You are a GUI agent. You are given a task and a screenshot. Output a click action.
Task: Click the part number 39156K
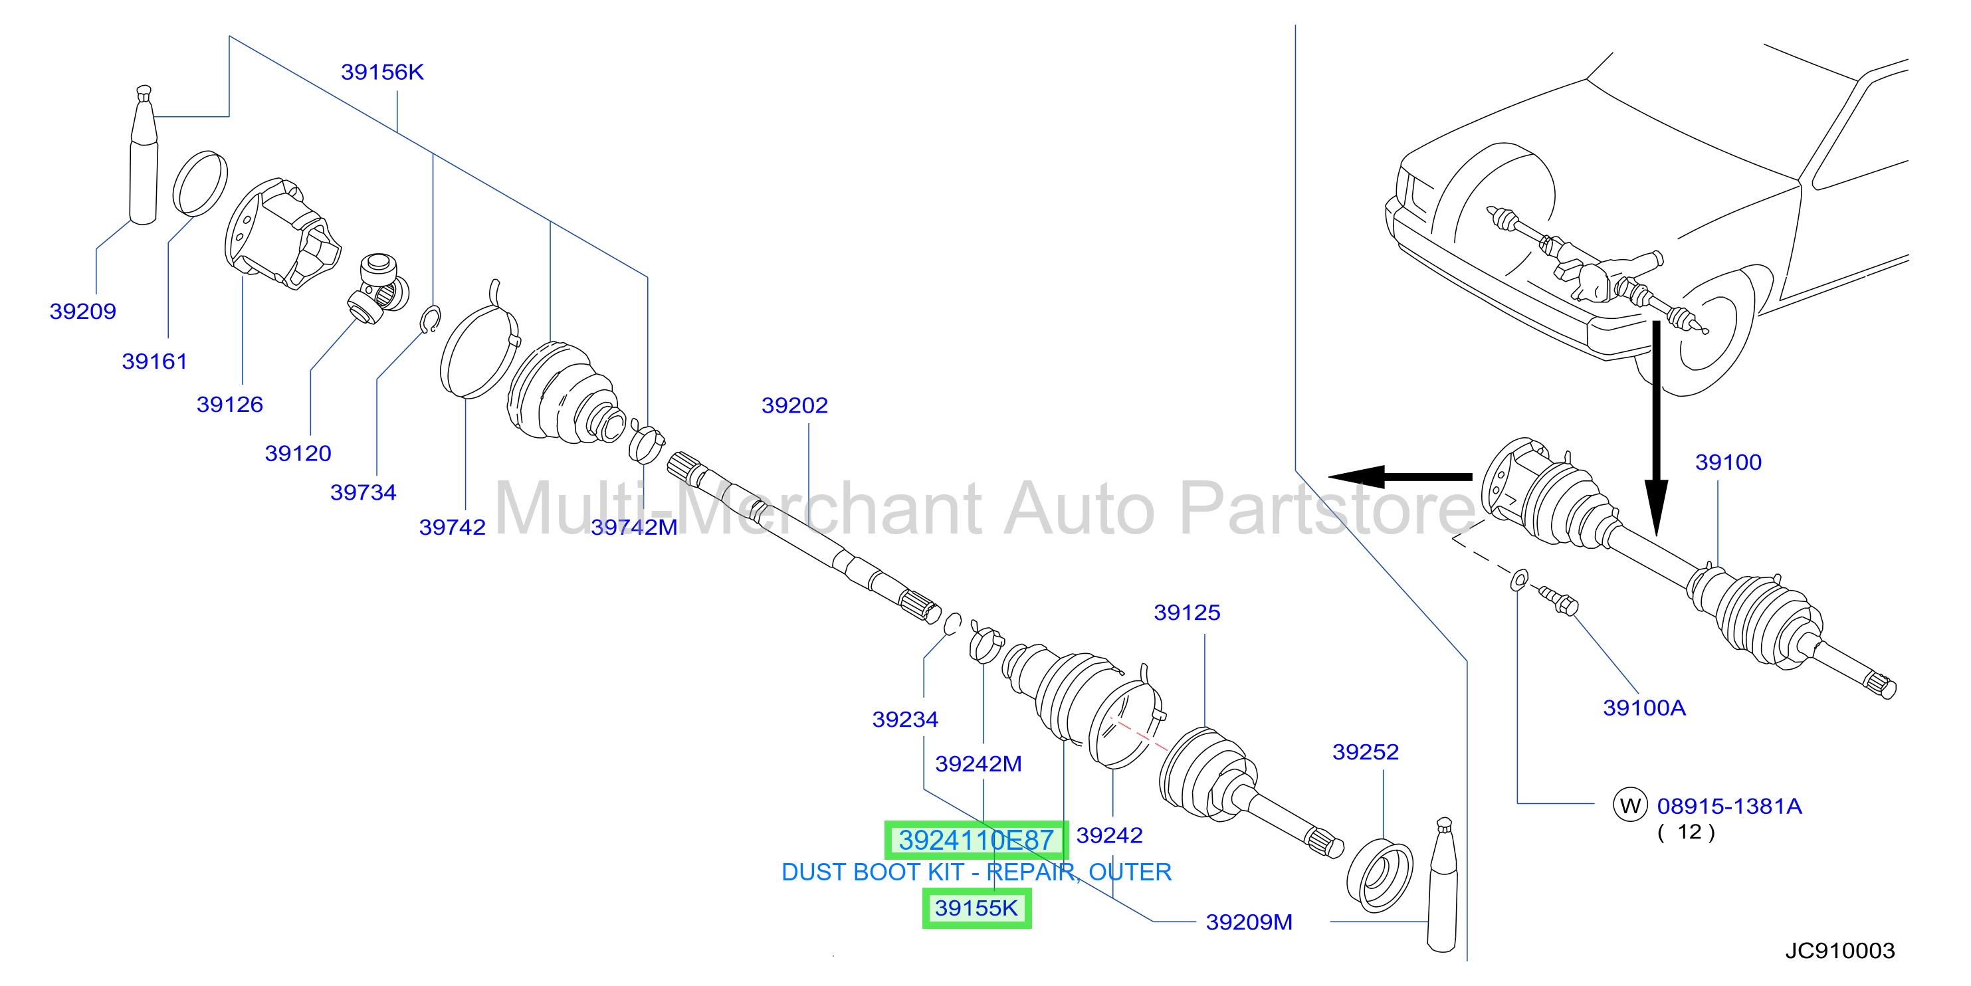(382, 72)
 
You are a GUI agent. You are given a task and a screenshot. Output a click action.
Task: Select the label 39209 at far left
(82, 312)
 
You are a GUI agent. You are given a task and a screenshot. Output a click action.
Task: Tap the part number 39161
(155, 361)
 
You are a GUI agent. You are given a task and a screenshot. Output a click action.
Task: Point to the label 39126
(229, 405)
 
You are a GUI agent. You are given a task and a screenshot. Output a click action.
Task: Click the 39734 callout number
(363, 492)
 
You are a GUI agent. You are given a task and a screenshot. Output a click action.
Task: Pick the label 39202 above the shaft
(794, 405)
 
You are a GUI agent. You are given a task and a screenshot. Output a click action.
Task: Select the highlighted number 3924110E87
(976, 840)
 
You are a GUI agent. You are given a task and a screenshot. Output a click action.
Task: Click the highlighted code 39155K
(976, 908)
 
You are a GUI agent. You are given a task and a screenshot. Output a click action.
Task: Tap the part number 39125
(1187, 613)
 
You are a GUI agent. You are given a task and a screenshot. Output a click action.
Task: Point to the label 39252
(1365, 752)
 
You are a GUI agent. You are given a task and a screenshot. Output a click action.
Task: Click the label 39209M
(1249, 922)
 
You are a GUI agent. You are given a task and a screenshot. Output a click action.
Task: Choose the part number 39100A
(1644, 708)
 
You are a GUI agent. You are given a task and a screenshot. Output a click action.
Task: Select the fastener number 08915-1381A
(1729, 806)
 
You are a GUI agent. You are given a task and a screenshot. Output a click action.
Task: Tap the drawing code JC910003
(1840, 951)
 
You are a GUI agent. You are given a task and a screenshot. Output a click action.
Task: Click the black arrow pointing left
(1400, 476)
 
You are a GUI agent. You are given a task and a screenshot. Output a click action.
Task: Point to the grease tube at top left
(144, 155)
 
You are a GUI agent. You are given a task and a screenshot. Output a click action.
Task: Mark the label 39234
(905, 719)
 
